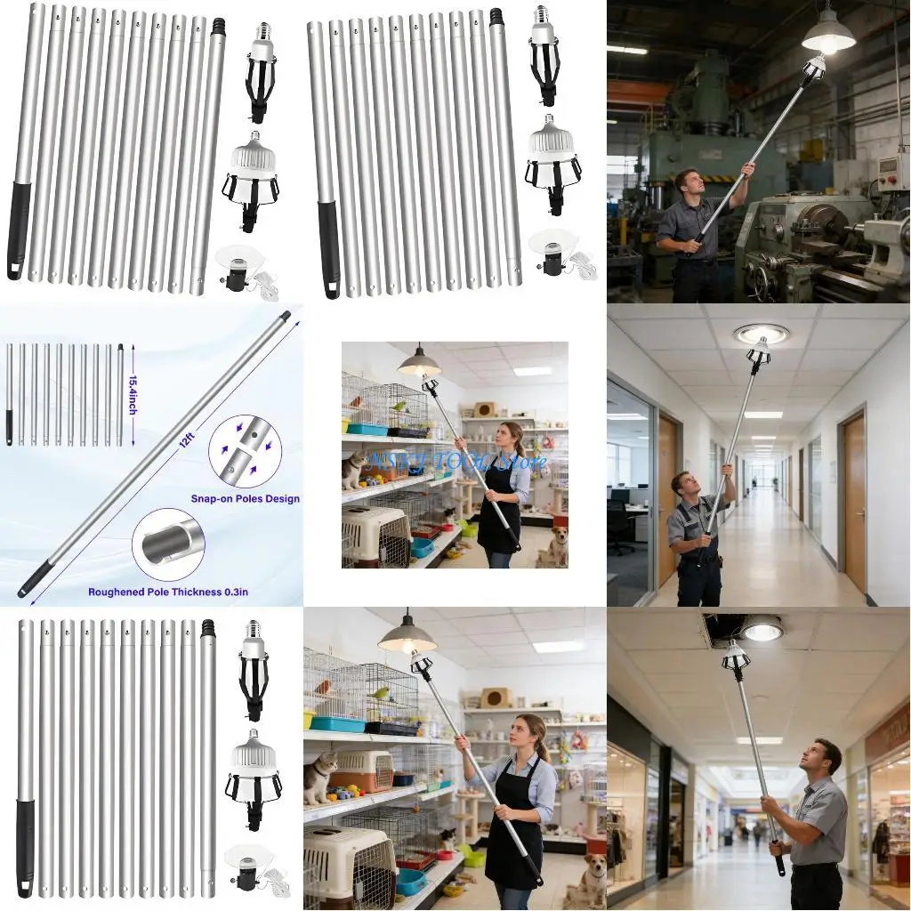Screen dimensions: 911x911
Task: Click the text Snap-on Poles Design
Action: [x=246, y=499]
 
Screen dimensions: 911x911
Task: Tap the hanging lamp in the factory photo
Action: [x=828, y=34]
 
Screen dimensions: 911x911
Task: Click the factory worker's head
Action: [x=687, y=181]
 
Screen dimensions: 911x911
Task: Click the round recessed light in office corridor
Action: [x=762, y=334]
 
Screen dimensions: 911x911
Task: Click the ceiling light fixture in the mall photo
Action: [x=762, y=630]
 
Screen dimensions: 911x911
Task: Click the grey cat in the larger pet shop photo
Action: [x=320, y=777]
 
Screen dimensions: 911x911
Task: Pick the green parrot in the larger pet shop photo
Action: [x=381, y=693]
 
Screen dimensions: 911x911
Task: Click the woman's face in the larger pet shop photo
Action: [x=530, y=736]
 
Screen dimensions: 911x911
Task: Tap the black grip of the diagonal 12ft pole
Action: [x=34, y=580]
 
